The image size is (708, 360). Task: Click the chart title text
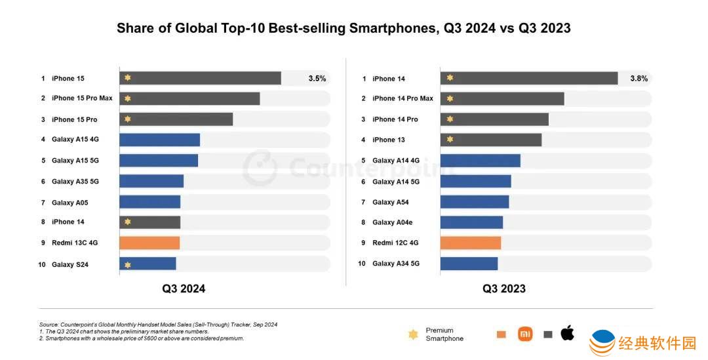(x=344, y=28)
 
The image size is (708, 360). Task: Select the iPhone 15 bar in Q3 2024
(x=200, y=78)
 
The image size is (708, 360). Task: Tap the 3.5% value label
(x=317, y=79)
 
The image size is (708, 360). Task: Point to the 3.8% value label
(x=639, y=79)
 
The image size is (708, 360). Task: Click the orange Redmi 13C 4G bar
(x=149, y=243)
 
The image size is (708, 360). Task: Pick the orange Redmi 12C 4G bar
(x=470, y=243)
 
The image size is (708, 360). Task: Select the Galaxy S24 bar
(x=147, y=264)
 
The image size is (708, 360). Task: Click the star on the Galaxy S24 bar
(x=128, y=265)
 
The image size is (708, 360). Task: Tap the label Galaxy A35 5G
(x=75, y=181)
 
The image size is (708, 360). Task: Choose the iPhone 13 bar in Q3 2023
(x=490, y=140)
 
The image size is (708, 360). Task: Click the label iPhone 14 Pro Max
(x=403, y=98)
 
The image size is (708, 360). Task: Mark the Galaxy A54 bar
(x=474, y=202)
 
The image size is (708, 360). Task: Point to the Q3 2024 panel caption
(x=184, y=289)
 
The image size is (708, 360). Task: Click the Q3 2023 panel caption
(x=504, y=289)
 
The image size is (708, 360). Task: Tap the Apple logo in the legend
(x=567, y=333)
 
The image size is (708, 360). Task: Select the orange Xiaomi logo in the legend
(x=525, y=334)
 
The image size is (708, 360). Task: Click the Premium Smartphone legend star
(x=413, y=334)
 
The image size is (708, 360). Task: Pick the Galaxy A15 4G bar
(x=159, y=140)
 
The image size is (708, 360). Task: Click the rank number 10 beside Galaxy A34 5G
(x=361, y=264)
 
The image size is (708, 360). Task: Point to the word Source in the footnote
(x=49, y=325)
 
